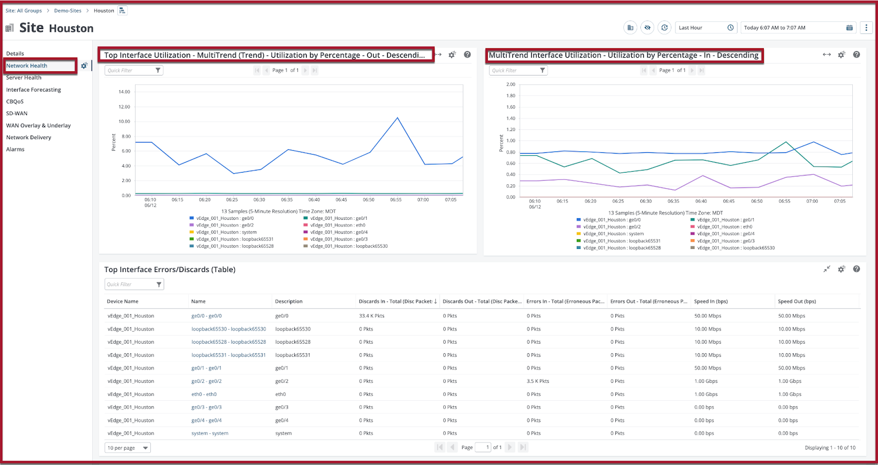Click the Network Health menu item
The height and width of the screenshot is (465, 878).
point(27,65)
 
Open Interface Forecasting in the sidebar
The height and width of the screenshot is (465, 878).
point(33,90)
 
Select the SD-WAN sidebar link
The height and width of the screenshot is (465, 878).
point(16,113)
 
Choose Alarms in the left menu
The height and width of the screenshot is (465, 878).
point(15,149)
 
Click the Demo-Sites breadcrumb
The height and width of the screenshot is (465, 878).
point(68,10)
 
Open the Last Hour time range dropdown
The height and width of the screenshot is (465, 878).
point(706,28)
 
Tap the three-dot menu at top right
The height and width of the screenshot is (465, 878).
point(866,28)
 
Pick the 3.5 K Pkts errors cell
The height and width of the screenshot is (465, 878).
point(538,381)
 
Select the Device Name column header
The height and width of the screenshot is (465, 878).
point(123,301)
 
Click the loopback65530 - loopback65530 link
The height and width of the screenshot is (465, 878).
point(228,329)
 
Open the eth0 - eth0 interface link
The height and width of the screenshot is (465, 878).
point(204,394)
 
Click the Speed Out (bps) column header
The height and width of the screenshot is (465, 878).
point(797,301)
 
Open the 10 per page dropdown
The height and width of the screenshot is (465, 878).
point(127,448)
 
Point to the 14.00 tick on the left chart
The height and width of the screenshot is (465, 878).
point(124,92)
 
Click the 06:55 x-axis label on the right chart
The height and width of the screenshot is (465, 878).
point(784,201)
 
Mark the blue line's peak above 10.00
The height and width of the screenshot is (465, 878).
point(397,117)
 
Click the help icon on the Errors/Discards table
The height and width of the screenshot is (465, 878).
point(857,269)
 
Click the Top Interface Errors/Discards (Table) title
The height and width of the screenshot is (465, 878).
point(170,270)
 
